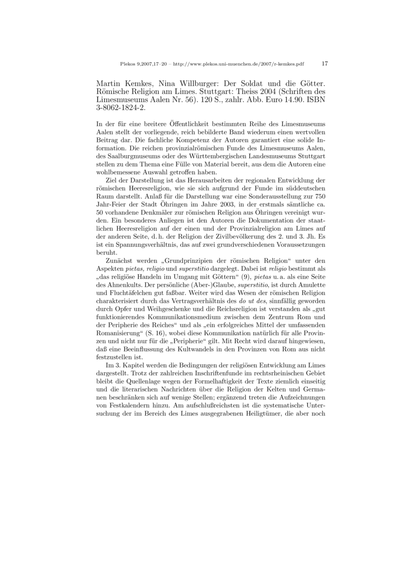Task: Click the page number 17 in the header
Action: [x=324, y=64]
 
